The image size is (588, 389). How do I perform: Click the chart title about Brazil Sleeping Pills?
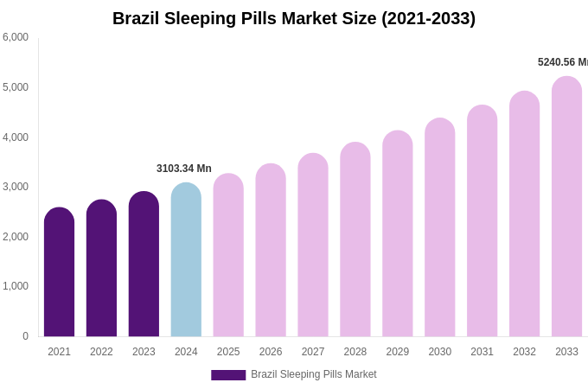click(x=294, y=18)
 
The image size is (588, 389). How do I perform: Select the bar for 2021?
click(x=59, y=272)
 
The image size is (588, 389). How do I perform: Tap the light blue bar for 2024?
click(x=186, y=259)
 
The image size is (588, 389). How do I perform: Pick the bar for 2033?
click(x=566, y=207)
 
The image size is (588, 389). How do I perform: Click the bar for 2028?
click(x=355, y=239)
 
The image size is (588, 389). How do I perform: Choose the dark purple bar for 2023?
click(x=144, y=264)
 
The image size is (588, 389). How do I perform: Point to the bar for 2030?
click(x=439, y=227)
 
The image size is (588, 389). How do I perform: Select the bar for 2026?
click(x=271, y=251)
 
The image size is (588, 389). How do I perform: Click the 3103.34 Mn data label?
click(x=183, y=169)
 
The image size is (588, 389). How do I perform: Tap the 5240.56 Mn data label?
click(x=562, y=62)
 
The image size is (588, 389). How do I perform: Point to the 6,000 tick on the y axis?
click(x=16, y=37)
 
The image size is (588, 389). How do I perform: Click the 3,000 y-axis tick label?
click(x=16, y=187)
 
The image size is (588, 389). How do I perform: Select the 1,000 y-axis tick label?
click(x=16, y=286)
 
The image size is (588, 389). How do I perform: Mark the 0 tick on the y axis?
click(x=25, y=336)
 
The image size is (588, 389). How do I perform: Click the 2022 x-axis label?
click(x=101, y=352)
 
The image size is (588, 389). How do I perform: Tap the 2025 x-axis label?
click(x=228, y=352)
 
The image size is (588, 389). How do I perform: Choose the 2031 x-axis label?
click(x=482, y=352)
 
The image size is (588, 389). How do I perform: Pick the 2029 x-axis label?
click(x=397, y=352)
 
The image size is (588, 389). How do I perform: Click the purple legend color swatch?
click(x=228, y=375)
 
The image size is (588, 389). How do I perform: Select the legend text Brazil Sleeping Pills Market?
click(x=314, y=374)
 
